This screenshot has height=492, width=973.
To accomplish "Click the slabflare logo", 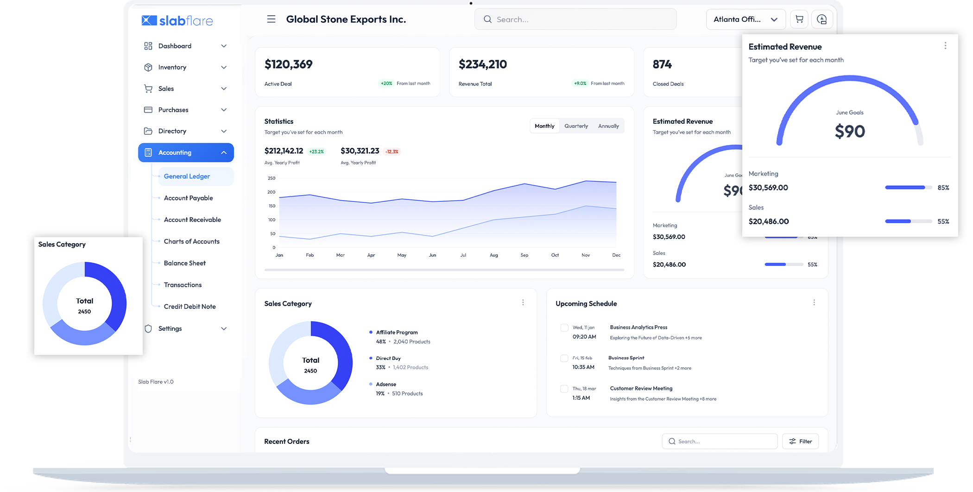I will (177, 21).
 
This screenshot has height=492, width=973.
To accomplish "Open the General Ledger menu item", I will (187, 177).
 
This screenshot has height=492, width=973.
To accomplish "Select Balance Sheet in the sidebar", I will (184, 263).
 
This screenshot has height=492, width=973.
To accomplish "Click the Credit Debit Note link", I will (190, 307).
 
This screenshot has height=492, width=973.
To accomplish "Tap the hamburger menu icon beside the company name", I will (271, 19).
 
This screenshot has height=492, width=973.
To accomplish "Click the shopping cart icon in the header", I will (799, 19).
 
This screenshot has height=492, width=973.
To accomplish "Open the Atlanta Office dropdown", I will (745, 19).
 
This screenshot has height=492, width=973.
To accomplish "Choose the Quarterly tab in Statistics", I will (576, 126).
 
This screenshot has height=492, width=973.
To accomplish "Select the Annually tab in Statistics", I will (608, 126).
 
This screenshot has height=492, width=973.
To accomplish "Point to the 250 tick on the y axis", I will (272, 178).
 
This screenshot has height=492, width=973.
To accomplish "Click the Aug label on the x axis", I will (494, 255).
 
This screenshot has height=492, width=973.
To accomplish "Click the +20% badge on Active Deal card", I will (386, 84).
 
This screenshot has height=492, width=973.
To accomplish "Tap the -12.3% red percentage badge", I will (392, 151).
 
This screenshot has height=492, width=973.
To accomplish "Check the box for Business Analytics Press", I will (564, 328).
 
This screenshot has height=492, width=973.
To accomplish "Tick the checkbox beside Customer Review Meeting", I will (564, 389).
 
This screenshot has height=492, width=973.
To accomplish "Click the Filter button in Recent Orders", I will (800, 442).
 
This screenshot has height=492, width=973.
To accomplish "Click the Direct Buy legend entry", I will (388, 359).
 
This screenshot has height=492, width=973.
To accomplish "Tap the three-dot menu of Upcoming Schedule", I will (814, 303).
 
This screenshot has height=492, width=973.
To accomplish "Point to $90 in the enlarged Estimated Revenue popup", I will (850, 132).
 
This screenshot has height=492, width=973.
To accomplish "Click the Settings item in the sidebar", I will (170, 328).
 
